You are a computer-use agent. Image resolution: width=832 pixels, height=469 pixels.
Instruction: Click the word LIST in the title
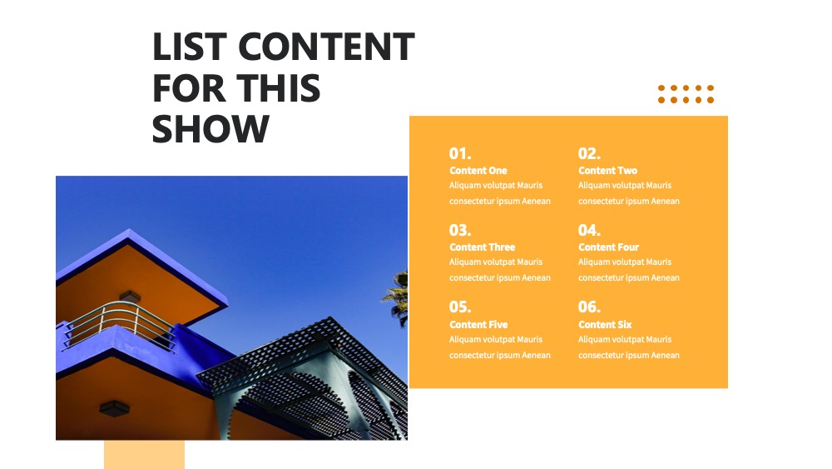pos(190,47)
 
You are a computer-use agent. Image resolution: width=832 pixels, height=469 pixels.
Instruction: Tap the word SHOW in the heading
pos(210,129)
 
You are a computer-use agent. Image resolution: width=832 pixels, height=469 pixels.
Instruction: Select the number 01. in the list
pos(460,153)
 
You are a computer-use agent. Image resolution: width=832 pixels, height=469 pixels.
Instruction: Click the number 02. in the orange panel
pos(589,153)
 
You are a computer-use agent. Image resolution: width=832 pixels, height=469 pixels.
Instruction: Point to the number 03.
pos(460,230)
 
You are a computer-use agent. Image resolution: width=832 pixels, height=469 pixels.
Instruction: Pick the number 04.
pos(589,230)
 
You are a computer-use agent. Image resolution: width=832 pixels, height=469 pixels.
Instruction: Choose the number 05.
pos(460,307)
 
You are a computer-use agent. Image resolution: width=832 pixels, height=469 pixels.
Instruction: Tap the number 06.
pos(589,307)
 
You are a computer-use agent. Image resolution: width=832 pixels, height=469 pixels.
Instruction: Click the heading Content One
pos(478,171)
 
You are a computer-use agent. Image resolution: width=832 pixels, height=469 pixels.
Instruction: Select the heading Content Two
pos(607,171)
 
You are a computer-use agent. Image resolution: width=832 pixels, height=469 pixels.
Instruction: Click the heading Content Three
pos(483,247)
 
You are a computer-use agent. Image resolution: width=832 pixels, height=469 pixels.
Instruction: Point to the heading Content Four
pos(609,247)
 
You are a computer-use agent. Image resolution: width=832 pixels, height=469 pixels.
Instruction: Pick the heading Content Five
pos(478,325)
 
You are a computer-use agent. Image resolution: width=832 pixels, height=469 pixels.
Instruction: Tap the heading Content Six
pos(605,325)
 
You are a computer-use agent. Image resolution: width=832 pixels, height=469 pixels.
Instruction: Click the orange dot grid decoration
pos(686,94)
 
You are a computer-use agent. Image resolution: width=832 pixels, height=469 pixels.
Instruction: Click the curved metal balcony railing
pos(120,324)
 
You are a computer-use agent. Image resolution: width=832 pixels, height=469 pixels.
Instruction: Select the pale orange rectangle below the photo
pos(144,454)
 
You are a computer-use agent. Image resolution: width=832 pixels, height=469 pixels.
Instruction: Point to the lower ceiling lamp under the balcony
pos(114,408)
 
